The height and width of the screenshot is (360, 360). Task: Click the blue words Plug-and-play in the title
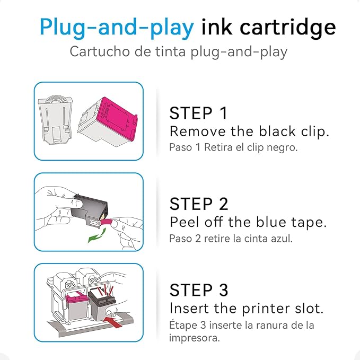[x=117, y=27]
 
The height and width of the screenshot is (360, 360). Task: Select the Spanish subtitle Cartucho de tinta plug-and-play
[x=179, y=52]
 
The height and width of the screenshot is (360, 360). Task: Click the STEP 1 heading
[x=198, y=113]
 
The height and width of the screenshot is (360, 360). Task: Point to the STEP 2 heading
[x=199, y=203]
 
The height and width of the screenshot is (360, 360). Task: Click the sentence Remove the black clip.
[x=249, y=131]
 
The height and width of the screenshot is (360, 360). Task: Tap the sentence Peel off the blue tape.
[x=247, y=222]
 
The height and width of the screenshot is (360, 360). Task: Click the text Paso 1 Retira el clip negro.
[x=233, y=147]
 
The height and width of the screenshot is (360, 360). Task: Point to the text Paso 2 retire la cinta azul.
[x=231, y=238]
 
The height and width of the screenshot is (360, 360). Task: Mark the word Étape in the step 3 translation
[x=181, y=324]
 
